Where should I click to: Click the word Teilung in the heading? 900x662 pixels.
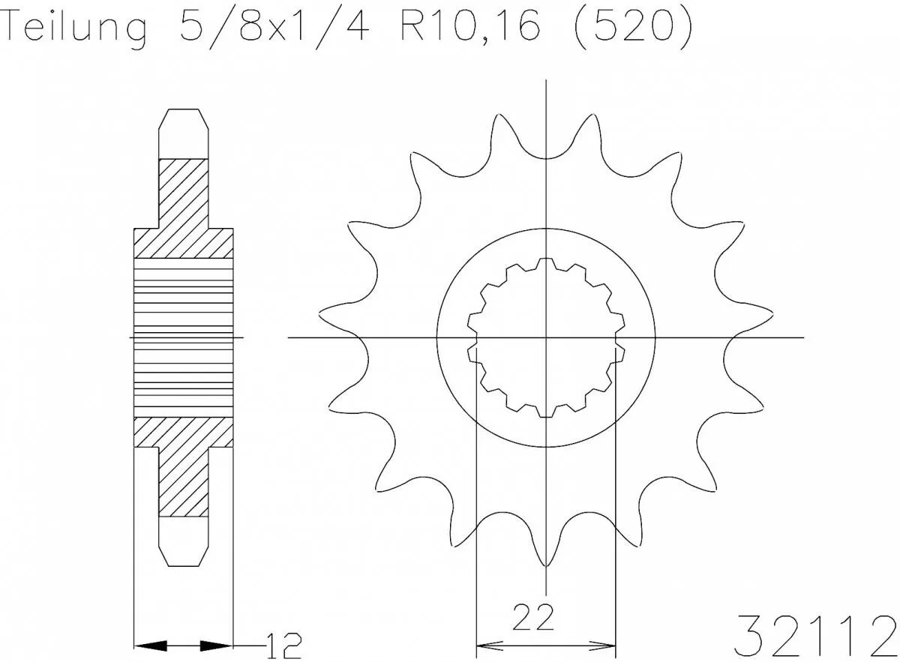(x=75, y=28)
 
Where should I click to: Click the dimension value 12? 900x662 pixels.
(x=284, y=644)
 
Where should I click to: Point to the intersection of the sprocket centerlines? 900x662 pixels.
(x=546, y=337)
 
